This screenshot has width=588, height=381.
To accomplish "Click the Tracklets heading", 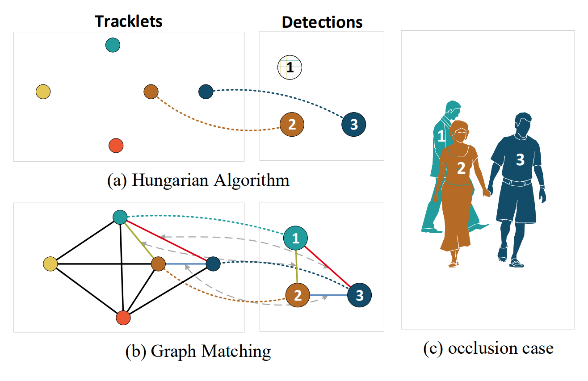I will click(x=128, y=21).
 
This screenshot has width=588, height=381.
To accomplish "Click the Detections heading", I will click(x=322, y=22).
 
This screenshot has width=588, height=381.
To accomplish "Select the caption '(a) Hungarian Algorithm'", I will click(x=198, y=180).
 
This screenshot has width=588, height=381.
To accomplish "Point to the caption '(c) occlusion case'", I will click(x=488, y=348).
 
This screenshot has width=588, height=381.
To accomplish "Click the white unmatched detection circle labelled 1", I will click(x=290, y=68).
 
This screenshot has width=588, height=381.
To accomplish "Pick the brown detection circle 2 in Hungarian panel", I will click(x=292, y=124).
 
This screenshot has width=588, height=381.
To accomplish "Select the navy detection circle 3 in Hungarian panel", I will click(x=353, y=125).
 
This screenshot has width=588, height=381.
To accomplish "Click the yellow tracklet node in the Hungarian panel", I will click(x=43, y=92).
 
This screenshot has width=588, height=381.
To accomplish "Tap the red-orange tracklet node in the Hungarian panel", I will click(x=116, y=146).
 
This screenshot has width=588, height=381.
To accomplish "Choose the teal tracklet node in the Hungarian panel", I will click(x=113, y=45).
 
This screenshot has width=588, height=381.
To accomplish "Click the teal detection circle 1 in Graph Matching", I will click(x=296, y=239).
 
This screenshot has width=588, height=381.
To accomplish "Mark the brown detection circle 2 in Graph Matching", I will click(x=298, y=295).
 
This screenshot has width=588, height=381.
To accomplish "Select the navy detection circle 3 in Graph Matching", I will click(x=359, y=295).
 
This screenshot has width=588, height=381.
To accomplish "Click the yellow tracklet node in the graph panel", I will click(x=50, y=264).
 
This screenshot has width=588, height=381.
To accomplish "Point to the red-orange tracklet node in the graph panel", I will click(x=123, y=318).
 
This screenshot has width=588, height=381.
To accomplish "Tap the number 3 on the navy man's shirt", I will click(x=520, y=159).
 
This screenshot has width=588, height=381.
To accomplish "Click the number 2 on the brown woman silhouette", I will click(x=461, y=168).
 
